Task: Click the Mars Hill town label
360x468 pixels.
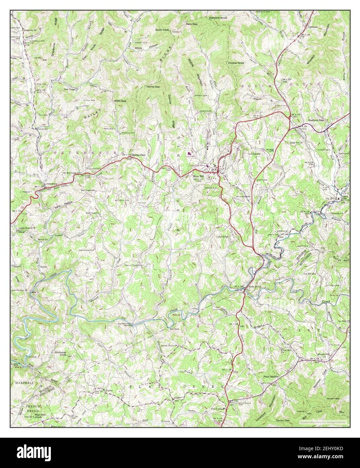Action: click(x=198, y=176)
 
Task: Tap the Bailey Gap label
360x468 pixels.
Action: click(x=138, y=155)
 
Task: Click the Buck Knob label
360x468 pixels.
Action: click(x=162, y=30)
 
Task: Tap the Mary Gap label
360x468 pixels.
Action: click(x=192, y=24)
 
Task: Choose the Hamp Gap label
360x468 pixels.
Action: click(x=153, y=87)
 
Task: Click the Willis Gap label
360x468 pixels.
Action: click(x=120, y=101)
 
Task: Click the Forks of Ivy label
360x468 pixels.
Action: click(x=255, y=287)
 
